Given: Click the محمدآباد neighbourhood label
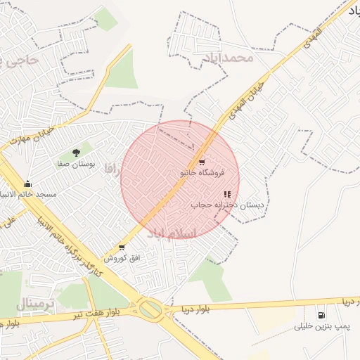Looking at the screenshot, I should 231,56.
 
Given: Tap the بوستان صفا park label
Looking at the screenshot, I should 77,163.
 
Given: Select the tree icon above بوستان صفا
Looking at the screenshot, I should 77,152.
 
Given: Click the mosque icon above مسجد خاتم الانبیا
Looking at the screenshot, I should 28,184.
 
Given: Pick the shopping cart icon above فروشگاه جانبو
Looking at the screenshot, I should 202,162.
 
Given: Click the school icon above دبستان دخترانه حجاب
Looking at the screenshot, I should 227,194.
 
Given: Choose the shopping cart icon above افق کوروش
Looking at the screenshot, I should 122,247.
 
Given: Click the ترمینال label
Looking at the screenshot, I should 36,304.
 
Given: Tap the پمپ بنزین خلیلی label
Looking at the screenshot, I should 322,327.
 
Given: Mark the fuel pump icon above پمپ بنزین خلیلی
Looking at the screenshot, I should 321,315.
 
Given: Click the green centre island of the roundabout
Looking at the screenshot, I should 150,309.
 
